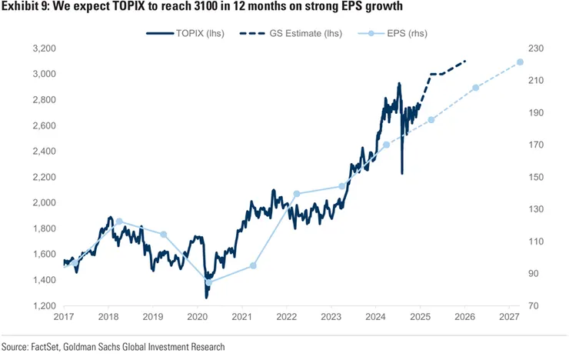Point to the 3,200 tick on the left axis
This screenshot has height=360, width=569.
point(44,48)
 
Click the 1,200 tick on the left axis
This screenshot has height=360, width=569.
point(44,305)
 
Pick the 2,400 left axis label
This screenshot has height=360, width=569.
point(44,152)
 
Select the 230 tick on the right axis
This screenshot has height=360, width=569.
point(536,48)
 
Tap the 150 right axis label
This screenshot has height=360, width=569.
point(536,177)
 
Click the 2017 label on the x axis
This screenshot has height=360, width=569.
point(64,317)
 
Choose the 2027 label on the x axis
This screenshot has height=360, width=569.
point(509,317)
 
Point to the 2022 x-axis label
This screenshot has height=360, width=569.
point(287,317)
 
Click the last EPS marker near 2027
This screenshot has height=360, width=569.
point(520,62)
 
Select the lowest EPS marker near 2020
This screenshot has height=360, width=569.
point(208,282)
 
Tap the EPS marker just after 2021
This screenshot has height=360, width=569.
point(253,266)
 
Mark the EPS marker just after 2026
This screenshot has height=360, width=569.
point(475,88)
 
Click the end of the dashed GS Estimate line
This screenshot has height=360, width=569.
point(465,60)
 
